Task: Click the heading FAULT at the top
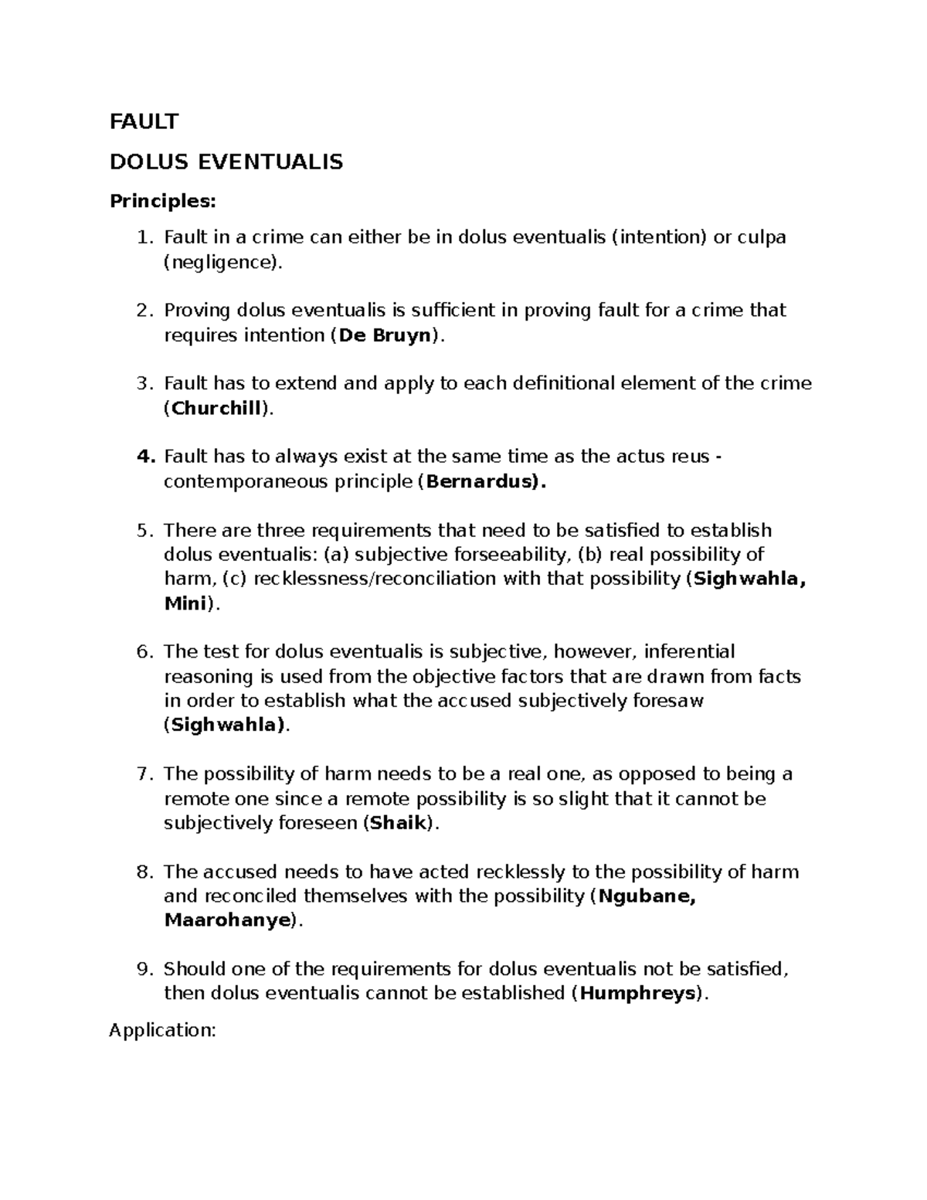[144, 121]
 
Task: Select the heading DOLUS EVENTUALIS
[226, 161]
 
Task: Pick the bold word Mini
[185, 603]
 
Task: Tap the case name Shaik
[399, 823]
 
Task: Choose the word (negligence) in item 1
[220, 262]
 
